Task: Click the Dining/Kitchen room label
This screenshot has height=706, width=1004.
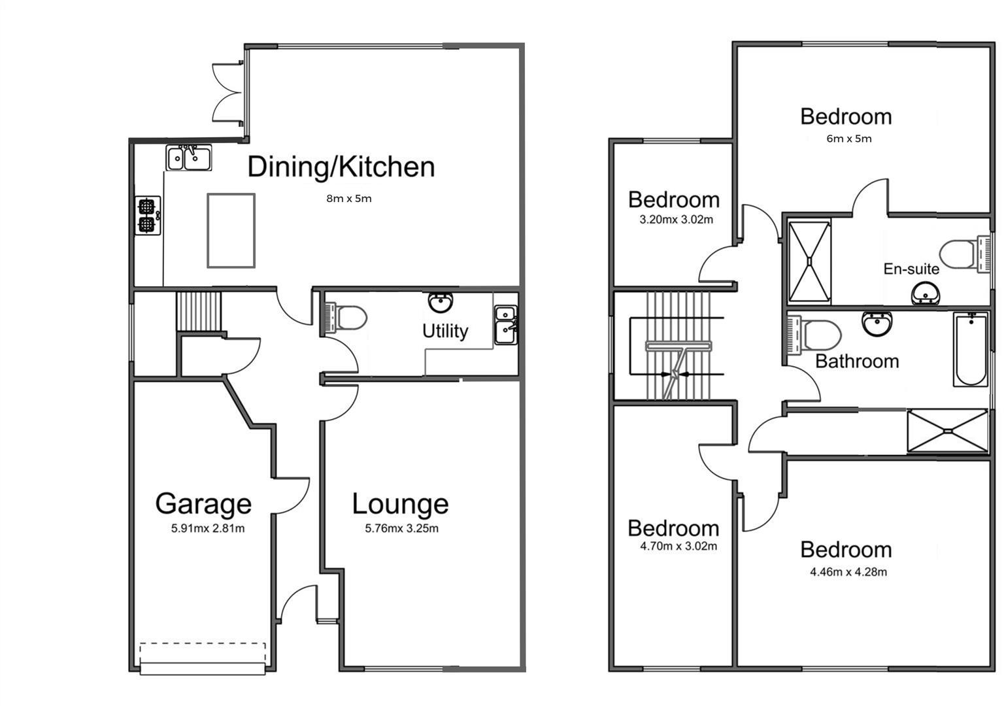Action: click(x=341, y=167)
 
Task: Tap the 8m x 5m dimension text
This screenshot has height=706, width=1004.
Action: click(x=349, y=199)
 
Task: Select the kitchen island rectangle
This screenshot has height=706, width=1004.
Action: click(x=231, y=230)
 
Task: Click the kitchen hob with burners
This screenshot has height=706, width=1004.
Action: click(x=148, y=216)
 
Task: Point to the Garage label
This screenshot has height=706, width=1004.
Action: click(x=203, y=504)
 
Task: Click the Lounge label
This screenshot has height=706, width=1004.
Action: click(x=400, y=504)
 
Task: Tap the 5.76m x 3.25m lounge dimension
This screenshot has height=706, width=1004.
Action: click(x=401, y=528)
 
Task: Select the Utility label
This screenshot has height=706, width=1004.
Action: click(x=444, y=331)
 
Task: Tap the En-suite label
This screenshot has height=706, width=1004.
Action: click(x=911, y=269)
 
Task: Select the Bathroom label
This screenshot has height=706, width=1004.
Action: click(x=857, y=361)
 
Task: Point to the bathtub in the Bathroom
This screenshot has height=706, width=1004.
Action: click(x=971, y=350)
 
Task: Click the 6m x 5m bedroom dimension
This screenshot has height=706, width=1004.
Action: click(x=849, y=139)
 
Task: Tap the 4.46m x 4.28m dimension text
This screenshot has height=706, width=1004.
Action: click(x=848, y=572)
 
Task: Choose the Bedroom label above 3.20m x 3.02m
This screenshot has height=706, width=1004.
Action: click(x=673, y=199)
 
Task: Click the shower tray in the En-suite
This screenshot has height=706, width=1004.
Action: click(x=809, y=263)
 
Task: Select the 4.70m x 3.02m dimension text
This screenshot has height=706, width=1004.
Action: click(x=678, y=546)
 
